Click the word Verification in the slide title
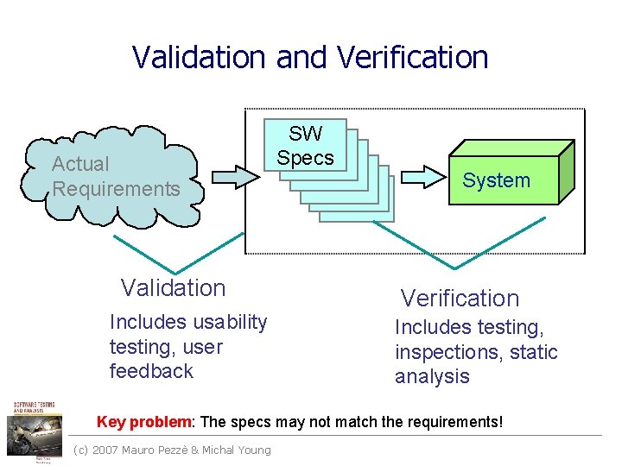pyautogui.click(x=413, y=57)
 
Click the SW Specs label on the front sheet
pyautogui.click(x=305, y=146)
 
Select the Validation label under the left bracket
pyautogui.click(x=173, y=288)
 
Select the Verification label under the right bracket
pyautogui.click(x=460, y=299)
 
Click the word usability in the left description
pyautogui.click(x=230, y=322)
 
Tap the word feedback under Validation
pyautogui.click(x=151, y=371)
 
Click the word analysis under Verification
pyautogui.click(x=432, y=376)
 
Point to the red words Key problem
pyautogui.click(x=145, y=422)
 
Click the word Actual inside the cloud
pyautogui.click(x=80, y=164)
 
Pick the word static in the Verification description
pyautogui.click(x=535, y=352)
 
